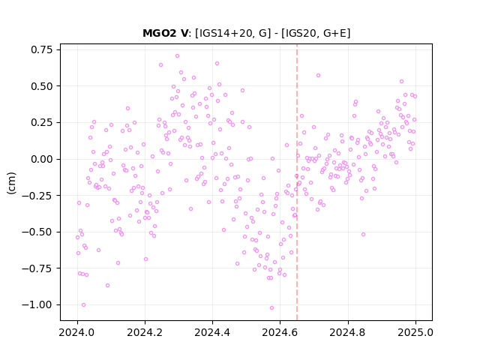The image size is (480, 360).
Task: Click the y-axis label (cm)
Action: tap(11, 183)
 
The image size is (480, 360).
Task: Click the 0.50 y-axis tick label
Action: tap(42, 86)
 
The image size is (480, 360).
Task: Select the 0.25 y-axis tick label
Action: tap(42, 122)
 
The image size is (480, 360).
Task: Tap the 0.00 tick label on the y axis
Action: tap(42, 159)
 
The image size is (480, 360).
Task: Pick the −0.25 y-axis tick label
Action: tap(37, 195)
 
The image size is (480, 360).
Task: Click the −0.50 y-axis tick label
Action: tap(37, 232)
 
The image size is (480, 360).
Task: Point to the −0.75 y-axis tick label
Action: tap(37, 268)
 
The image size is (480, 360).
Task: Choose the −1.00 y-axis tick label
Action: tap(37, 305)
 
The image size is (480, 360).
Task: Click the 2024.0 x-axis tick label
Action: tap(77, 332)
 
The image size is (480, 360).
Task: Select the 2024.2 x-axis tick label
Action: tap(145, 332)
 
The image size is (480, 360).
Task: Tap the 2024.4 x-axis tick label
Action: tap(212, 332)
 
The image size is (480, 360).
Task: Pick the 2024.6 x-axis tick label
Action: tap(280, 332)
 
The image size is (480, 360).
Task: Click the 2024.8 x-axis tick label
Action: tap(347, 332)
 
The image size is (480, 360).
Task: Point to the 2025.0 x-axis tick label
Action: tap(415, 332)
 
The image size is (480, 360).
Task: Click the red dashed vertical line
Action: tap(297, 182)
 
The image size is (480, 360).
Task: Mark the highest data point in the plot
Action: tap(177, 56)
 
